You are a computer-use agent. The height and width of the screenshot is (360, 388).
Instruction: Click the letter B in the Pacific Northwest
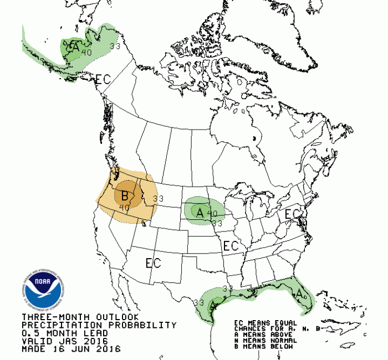(125, 196)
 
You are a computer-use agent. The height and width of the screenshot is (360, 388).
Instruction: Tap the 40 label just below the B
(124, 208)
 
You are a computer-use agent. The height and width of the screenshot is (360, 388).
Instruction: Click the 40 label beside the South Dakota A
(212, 213)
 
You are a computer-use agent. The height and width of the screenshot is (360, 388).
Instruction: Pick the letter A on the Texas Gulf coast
(213, 304)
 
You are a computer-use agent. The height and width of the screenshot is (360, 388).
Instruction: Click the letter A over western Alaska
(73, 48)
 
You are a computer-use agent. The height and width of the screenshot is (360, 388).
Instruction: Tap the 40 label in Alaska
(86, 52)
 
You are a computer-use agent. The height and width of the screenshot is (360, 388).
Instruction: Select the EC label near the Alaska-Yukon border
(103, 79)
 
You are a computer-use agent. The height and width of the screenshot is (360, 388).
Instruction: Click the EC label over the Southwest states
(153, 263)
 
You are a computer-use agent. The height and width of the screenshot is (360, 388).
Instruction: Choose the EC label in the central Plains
(231, 245)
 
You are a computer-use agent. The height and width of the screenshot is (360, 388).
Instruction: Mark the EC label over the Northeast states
(292, 214)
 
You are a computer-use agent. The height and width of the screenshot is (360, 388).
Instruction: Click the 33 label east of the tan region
(158, 198)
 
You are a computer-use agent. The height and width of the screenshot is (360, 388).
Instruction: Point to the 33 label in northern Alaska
(115, 46)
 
